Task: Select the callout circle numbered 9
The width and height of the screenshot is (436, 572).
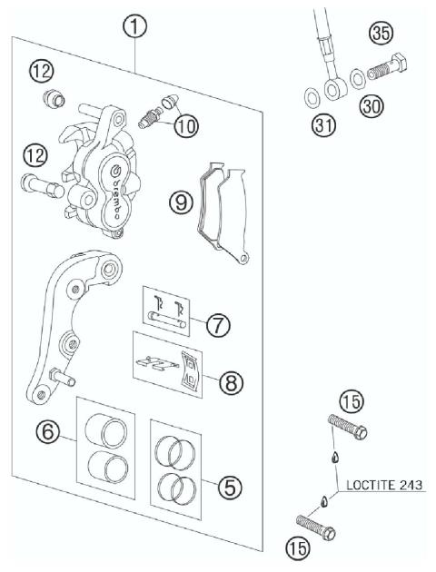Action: coord(183,202)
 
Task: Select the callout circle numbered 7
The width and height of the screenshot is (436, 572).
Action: coord(216,324)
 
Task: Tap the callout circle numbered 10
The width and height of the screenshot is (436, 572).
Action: coord(185,126)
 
